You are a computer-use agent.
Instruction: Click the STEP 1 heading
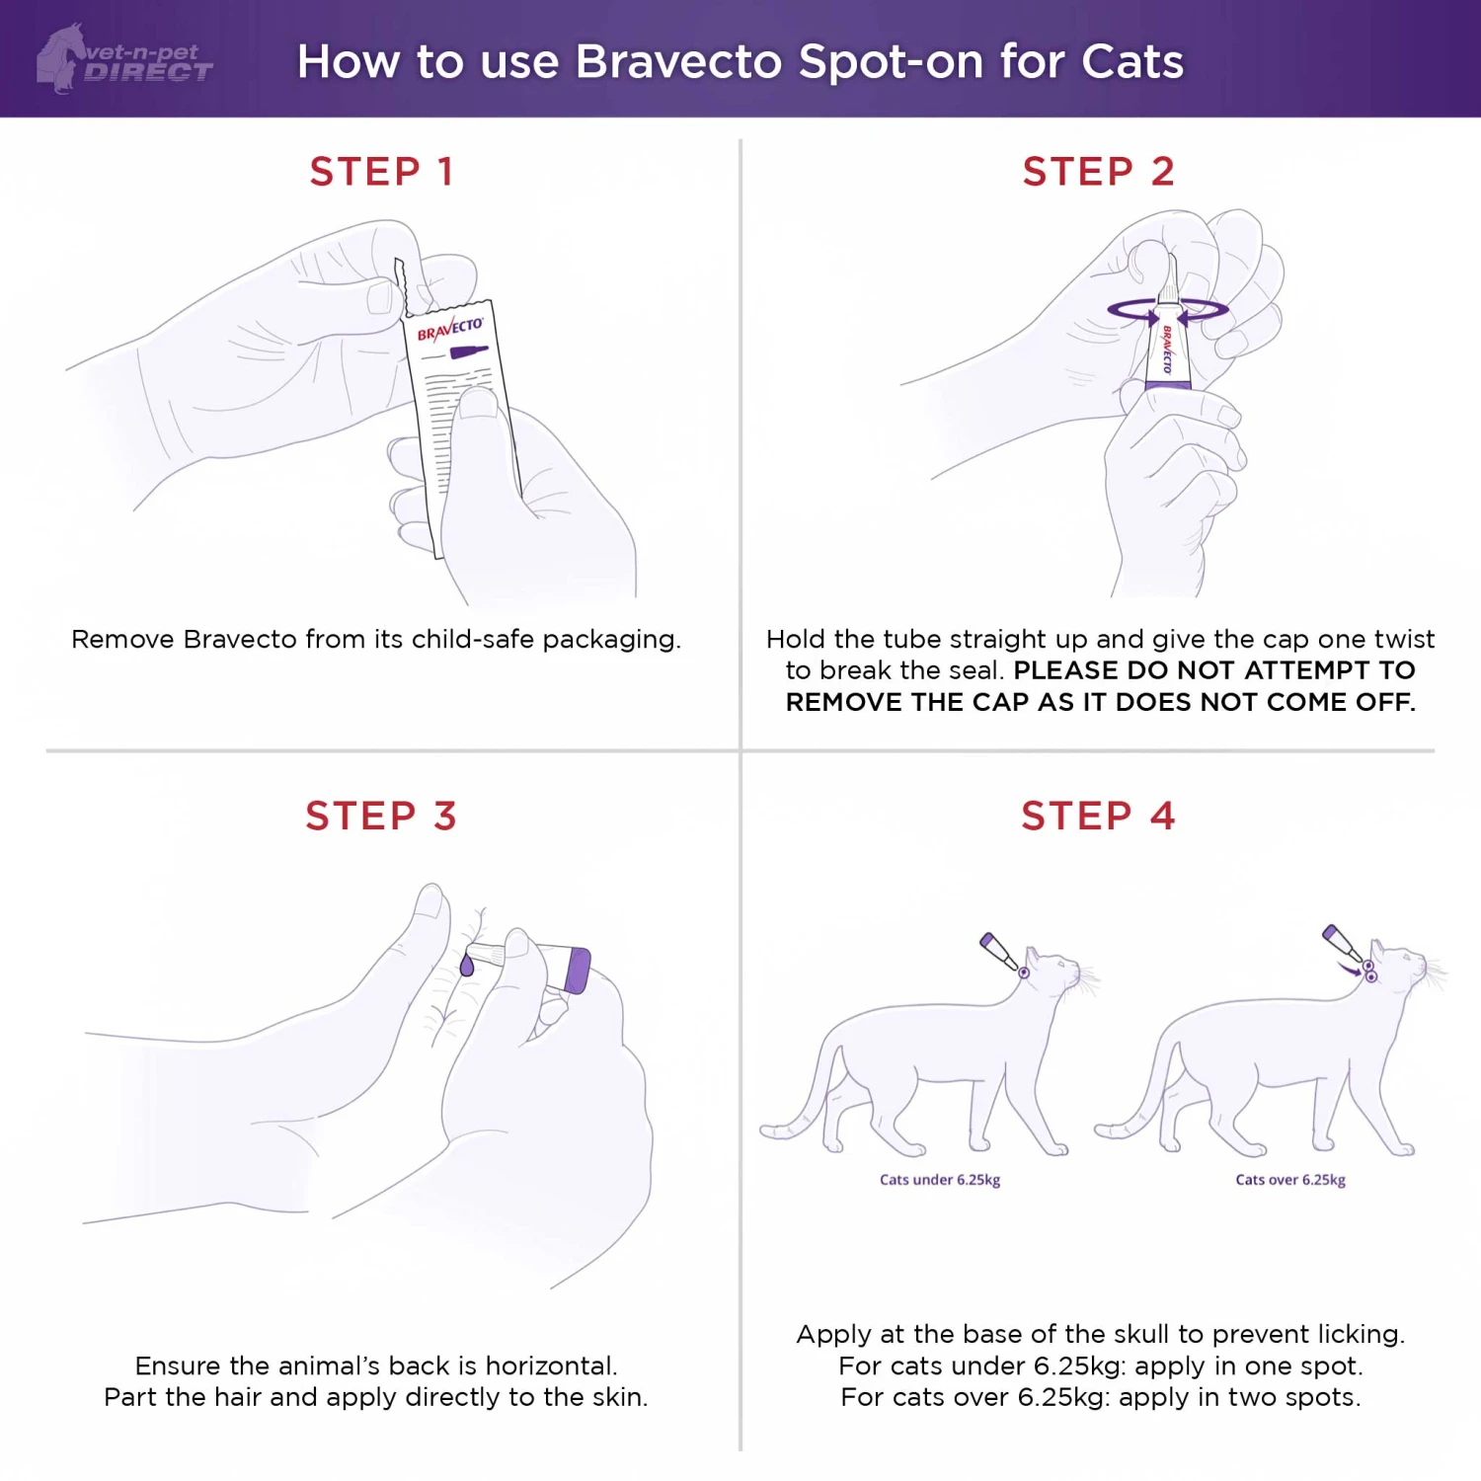[381, 172]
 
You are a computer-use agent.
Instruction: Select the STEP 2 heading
[1098, 172]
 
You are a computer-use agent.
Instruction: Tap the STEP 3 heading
[381, 817]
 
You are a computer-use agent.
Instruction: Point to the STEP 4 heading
[1098, 817]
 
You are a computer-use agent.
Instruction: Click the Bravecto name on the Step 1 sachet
[449, 329]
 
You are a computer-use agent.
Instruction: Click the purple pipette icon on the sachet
[468, 352]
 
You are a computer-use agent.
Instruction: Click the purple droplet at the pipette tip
[467, 966]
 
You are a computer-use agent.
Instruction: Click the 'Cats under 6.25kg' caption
[940, 1180]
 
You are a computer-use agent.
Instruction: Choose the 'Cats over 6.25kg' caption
[1290, 1180]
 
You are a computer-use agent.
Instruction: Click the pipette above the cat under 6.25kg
[999, 952]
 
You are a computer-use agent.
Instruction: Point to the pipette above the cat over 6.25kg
[1342, 943]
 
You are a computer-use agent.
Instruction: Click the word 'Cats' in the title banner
[1132, 61]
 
